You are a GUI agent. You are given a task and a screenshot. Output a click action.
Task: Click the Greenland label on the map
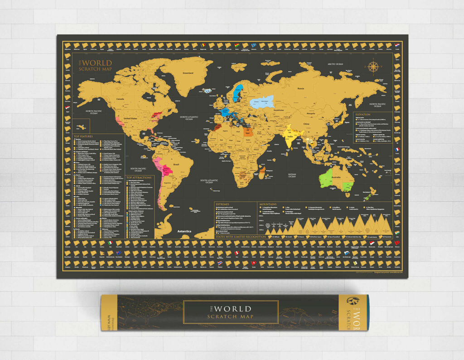click(188, 73)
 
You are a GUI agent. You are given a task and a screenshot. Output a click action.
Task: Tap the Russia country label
click(300, 88)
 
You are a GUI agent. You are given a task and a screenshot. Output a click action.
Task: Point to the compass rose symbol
click(373, 67)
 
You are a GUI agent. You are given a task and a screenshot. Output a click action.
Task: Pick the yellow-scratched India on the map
click(288, 138)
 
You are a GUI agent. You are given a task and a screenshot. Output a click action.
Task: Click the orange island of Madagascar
click(262, 172)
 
